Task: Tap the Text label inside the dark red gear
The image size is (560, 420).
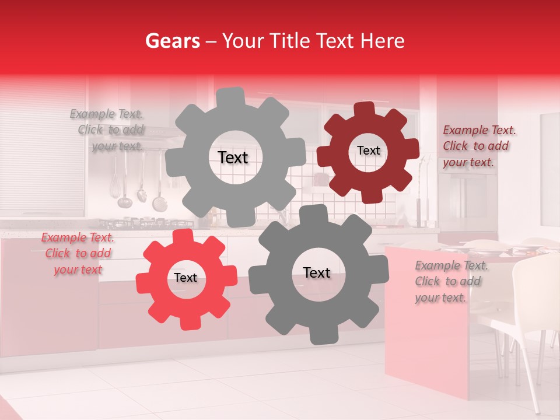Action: (x=368, y=150)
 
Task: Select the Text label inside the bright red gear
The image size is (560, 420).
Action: (x=185, y=278)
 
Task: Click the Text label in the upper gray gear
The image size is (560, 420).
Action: (x=233, y=157)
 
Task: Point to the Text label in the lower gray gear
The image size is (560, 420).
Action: (x=316, y=272)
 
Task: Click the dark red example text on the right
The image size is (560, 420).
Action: (x=479, y=146)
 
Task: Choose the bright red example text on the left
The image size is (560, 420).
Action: (x=78, y=254)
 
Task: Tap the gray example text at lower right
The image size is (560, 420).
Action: (x=451, y=282)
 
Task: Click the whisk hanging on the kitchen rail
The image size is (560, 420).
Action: (x=115, y=175)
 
